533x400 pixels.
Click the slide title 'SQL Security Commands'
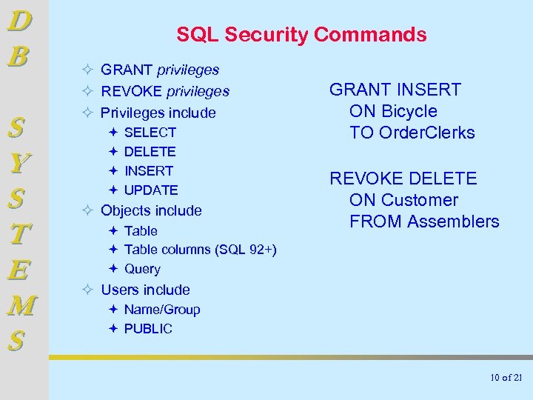click(301, 34)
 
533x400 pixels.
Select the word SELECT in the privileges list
click(150, 133)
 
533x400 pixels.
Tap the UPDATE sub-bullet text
click(151, 190)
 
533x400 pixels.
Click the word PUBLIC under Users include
click(148, 329)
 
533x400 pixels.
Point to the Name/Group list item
click(162, 310)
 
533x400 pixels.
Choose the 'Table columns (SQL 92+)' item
click(200, 250)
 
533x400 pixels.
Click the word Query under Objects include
click(142, 269)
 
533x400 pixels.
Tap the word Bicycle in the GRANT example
click(409, 111)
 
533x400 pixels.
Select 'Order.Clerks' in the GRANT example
click(427, 133)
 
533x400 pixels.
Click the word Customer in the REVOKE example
click(420, 200)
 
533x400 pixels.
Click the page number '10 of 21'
click(506, 378)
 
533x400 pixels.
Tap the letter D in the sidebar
click(19, 21)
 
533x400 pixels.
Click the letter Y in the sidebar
click(20, 161)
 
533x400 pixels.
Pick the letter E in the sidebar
click(19, 270)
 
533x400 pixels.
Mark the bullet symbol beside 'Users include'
click(87, 290)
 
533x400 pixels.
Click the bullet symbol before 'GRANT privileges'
click(87, 70)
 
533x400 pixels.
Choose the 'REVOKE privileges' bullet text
click(165, 92)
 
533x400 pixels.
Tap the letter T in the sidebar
click(20, 234)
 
